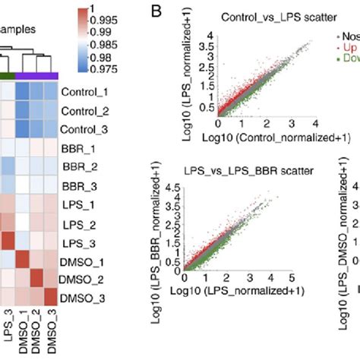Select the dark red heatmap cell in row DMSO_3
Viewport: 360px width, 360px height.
tap(51, 295)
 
